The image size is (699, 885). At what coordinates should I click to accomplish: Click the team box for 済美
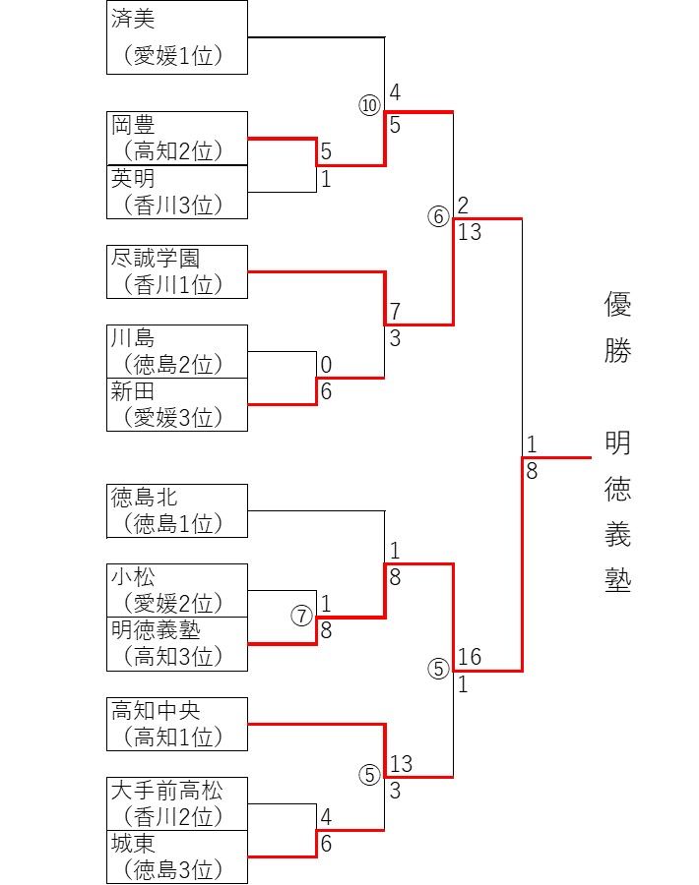pyautogui.click(x=176, y=37)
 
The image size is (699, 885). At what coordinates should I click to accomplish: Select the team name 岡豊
pyautogui.click(x=134, y=126)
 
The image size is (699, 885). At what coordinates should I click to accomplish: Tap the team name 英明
pyautogui.click(x=134, y=179)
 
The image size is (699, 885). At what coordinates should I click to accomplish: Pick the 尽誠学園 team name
pyautogui.click(x=156, y=259)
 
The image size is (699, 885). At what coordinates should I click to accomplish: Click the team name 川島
pyautogui.click(x=134, y=339)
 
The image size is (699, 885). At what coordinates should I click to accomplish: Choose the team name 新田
pyautogui.click(x=134, y=392)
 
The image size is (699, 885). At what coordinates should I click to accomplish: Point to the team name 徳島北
pyautogui.click(x=145, y=498)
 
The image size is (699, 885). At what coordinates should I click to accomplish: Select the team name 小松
pyautogui.click(x=134, y=577)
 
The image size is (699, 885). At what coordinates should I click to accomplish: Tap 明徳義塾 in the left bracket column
pyautogui.click(x=156, y=630)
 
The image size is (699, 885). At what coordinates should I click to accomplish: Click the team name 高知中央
pyautogui.click(x=156, y=710)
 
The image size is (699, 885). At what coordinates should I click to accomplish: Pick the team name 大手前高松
pyautogui.click(x=166, y=791)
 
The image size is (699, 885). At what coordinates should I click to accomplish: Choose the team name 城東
pyautogui.click(x=134, y=844)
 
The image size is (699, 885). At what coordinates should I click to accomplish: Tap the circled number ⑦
pyautogui.click(x=301, y=616)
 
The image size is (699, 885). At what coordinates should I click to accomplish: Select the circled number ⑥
pyautogui.click(x=438, y=217)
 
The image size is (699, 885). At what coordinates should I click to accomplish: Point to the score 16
pyautogui.click(x=470, y=657)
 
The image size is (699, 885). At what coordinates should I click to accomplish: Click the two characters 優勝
pyautogui.click(x=617, y=327)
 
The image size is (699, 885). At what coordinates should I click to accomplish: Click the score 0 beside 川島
pyautogui.click(x=326, y=366)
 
